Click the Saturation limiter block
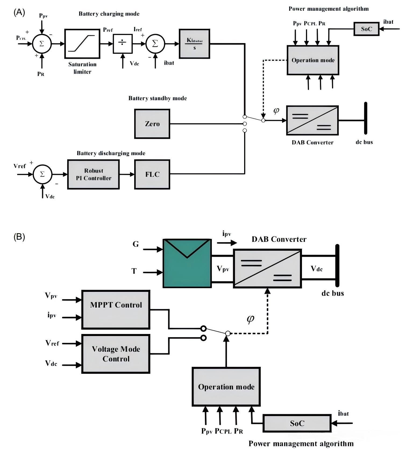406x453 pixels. coord(82,44)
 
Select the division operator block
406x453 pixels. coord(123,44)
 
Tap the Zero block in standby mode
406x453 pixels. coord(152,124)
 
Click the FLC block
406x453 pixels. coord(152,175)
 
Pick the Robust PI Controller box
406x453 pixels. coord(93,175)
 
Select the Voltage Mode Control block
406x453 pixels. coord(116,354)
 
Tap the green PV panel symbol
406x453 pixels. coord(187,263)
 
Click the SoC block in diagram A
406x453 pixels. coord(366,29)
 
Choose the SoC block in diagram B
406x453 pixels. coord(297,423)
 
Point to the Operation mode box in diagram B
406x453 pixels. coord(226,387)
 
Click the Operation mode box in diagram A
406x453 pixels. coord(313,60)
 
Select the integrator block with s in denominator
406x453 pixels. coord(194,44)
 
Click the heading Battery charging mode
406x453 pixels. coord(109,14)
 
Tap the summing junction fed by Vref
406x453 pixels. coord(42,175)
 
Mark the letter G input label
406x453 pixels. coord(136,244)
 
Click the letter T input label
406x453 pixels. coord(134,271)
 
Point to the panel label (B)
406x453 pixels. coord(19,237)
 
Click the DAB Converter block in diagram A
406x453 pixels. coord(312,120)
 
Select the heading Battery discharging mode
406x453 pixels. coord(111,153)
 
